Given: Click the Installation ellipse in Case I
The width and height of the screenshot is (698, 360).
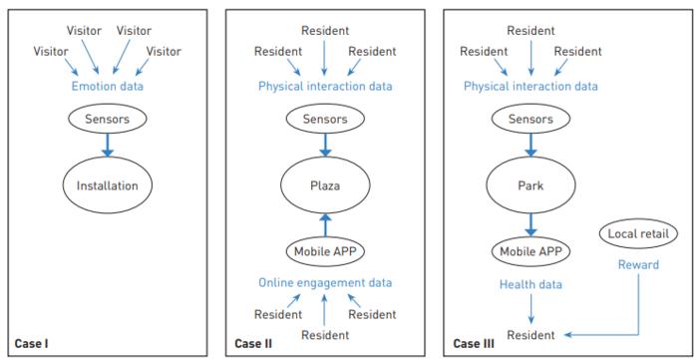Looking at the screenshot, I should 107,184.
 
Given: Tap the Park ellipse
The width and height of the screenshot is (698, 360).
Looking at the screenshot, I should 531,184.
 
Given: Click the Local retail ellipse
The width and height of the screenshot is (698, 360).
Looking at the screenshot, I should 637,233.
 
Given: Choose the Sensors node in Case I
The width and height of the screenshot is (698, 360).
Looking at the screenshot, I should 107,118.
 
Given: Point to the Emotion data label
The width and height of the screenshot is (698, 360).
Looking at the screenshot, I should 107,86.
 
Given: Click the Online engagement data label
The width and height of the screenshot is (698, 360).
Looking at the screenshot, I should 324,283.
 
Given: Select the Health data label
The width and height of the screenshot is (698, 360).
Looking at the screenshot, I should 531,284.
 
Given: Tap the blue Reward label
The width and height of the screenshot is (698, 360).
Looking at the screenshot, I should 638,264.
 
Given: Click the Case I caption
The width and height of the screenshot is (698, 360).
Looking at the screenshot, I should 32,345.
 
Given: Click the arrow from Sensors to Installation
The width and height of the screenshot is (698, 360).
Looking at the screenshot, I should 107,145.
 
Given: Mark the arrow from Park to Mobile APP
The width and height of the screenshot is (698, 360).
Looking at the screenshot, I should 531,222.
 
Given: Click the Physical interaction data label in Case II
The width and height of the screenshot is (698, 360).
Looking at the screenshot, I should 325,86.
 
